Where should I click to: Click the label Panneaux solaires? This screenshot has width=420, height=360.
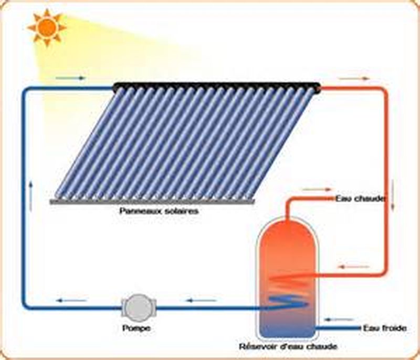152,211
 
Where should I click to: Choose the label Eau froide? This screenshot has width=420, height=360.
384,328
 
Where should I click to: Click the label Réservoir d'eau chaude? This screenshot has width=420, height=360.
288,346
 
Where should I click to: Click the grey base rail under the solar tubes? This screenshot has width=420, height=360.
152,201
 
